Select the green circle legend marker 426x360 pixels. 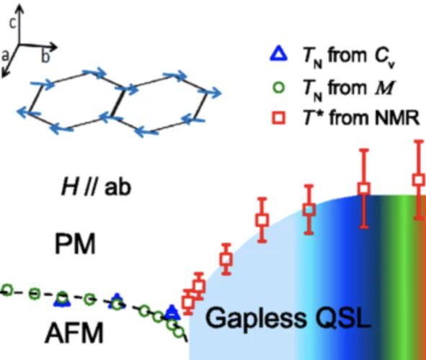pos(279,87)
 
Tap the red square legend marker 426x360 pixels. pos(279,118)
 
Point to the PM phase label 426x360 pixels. pos(75,243)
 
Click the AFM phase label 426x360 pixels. pos(74,333)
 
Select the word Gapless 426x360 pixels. pos(255,318)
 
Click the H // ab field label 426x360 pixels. pos(96,187)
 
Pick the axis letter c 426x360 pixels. pos(13,23)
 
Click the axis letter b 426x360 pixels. pos(45,57)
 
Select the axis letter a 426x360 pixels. pos(5,55)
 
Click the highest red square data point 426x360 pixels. pos(419,180)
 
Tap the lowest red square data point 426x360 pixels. pos(188,302)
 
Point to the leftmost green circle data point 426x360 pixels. pos(7,289)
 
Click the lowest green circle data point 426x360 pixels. pos(178,332)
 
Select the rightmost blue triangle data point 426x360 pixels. pos(172,312)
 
